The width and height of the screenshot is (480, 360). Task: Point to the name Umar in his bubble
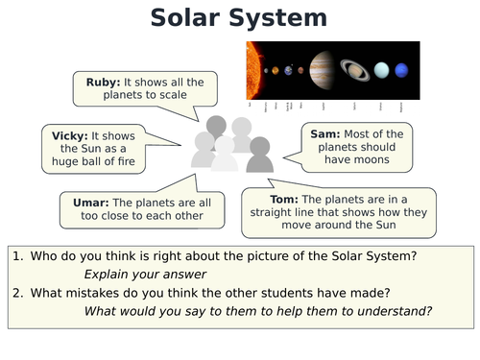click(x=92, y=203)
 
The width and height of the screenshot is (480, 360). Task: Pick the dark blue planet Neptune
click(x=404, y=69)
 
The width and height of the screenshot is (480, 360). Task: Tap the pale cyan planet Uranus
click(x=382, y=69)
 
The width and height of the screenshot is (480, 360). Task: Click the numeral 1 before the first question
click(x=18, y=255)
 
